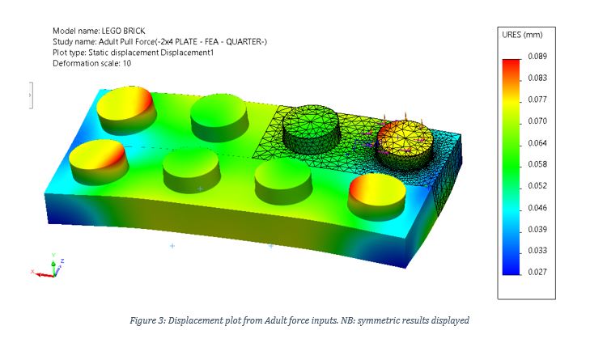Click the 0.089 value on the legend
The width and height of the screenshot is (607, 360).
pyautogui.click(x=537, y=57)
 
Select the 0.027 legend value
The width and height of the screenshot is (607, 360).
pyautogui.click(x=537, y=273)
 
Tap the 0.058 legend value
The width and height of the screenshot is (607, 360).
pyautogui.click(x=537, y=164)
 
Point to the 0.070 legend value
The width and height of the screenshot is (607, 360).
pyautogui.click(x=537, y=121)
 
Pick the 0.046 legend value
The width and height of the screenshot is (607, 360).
pyautogui.click(x=537, y=208)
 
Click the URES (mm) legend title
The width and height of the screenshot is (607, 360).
pyautogui.click(x=522, y=35)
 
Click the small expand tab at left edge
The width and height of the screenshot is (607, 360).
pyautogui.click(x=30, y=95)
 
